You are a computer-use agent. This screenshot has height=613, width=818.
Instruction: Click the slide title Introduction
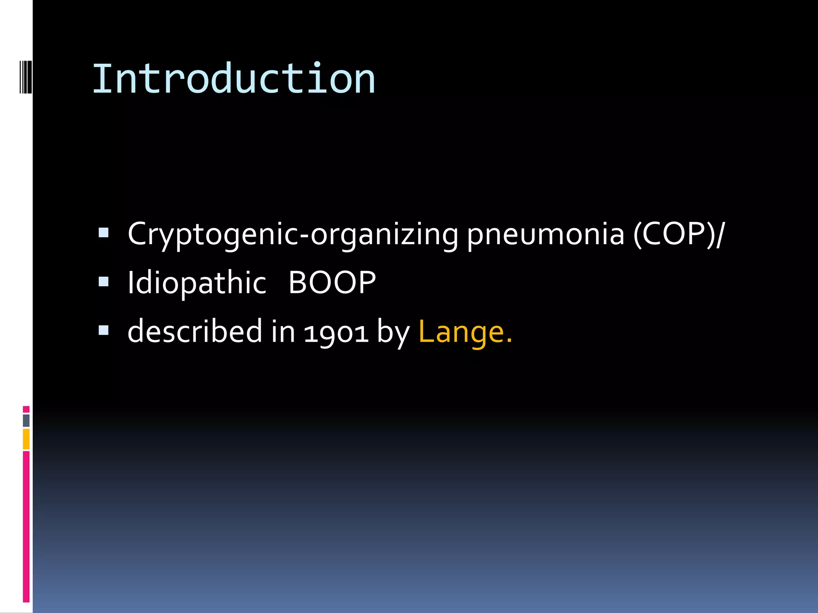click(234, 79)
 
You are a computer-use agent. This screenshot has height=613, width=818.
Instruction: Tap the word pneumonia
click(545, 235)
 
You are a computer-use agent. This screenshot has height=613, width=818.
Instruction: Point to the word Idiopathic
click(197, 283)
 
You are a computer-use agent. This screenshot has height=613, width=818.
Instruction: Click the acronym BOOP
click(332, 283)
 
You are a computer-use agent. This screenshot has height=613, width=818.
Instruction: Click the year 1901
click(336, 333)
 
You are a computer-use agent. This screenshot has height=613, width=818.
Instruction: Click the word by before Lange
click(393, 332)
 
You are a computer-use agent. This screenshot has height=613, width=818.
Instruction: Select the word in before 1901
click(283, 331)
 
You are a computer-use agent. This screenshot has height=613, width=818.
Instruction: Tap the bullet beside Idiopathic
click(103, 282)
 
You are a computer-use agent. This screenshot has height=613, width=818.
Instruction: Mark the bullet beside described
click(103, 330)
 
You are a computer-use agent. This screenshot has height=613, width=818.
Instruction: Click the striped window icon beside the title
click(26, 77)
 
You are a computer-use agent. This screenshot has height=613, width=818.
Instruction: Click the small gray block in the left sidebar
click(26, 421)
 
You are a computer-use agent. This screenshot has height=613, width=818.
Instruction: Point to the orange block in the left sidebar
click(26, 439)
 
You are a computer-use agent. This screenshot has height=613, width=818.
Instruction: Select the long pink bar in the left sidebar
click(26, 526)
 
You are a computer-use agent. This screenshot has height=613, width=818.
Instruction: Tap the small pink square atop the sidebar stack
click(26, 409)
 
